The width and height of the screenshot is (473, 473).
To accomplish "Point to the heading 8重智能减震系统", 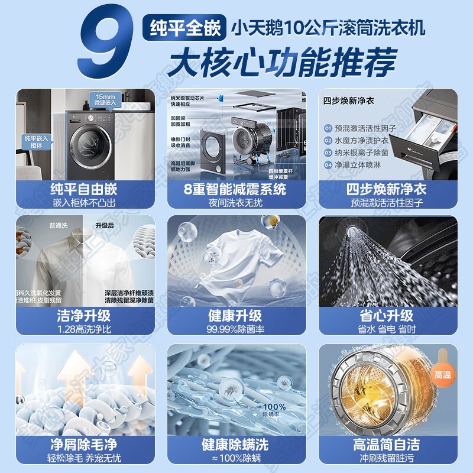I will (235, 189).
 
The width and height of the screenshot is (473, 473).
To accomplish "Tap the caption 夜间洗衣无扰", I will (235, 202).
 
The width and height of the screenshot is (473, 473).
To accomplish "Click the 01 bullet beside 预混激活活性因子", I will (328, 128).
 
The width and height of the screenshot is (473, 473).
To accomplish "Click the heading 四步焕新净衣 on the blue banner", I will (388, 189).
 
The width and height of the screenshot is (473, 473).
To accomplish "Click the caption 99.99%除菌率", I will (235, 328).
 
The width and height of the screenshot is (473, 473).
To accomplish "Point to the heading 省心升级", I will (388, 315).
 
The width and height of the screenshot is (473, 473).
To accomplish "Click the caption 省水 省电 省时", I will (388, 328).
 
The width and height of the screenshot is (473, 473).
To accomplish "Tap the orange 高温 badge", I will (442, 375).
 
